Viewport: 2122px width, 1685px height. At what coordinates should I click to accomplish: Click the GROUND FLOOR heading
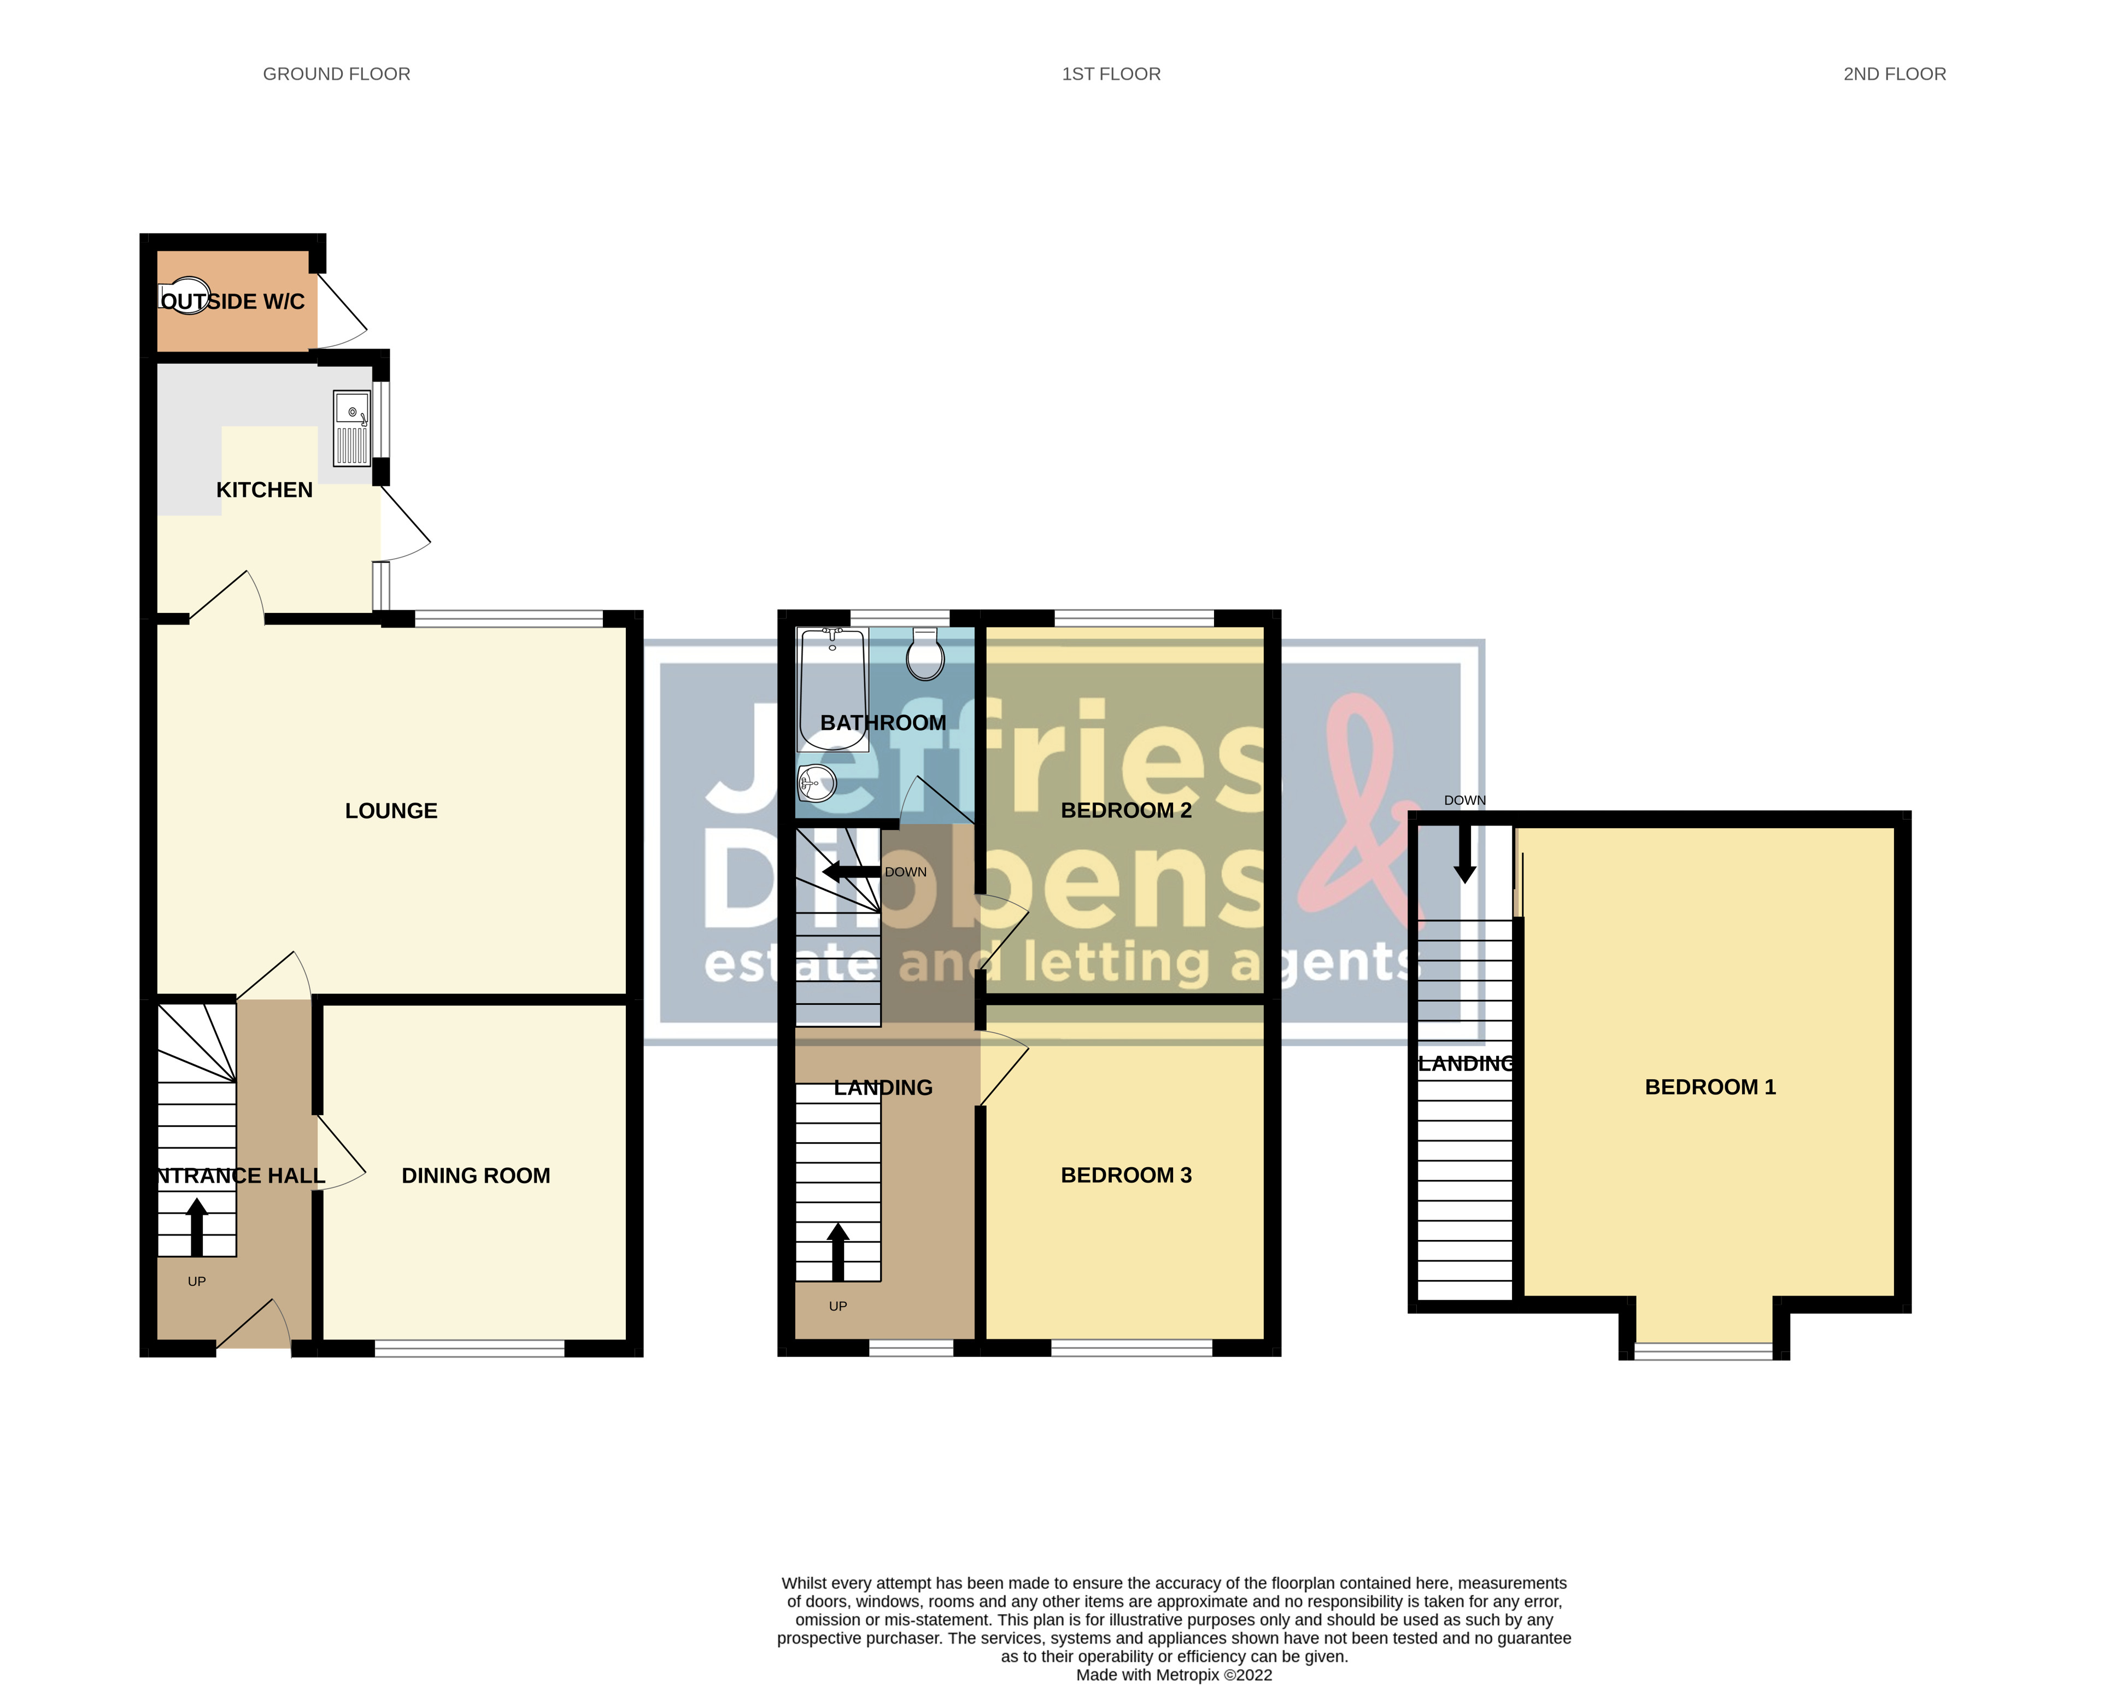click(337, 74)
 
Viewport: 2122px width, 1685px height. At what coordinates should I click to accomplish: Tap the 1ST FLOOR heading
click(1111, 74)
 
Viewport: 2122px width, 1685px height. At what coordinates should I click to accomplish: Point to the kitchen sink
click(351, 428)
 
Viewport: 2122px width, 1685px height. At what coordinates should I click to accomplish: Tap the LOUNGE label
click(391, 811)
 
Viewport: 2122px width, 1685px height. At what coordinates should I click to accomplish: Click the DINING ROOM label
click(476, 1175)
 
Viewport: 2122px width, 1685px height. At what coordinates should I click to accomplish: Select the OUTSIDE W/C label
click(232, 301)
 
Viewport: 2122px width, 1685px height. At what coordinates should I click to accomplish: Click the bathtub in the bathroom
click(831, 689)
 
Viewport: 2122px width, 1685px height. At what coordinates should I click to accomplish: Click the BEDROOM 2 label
click(1126, 810)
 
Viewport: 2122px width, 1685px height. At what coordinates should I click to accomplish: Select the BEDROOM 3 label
click(1126, 1175)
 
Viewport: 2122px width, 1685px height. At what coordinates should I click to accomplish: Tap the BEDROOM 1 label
click(1710, 1086)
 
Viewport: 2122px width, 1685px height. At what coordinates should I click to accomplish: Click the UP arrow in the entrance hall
click(197, 1225)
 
